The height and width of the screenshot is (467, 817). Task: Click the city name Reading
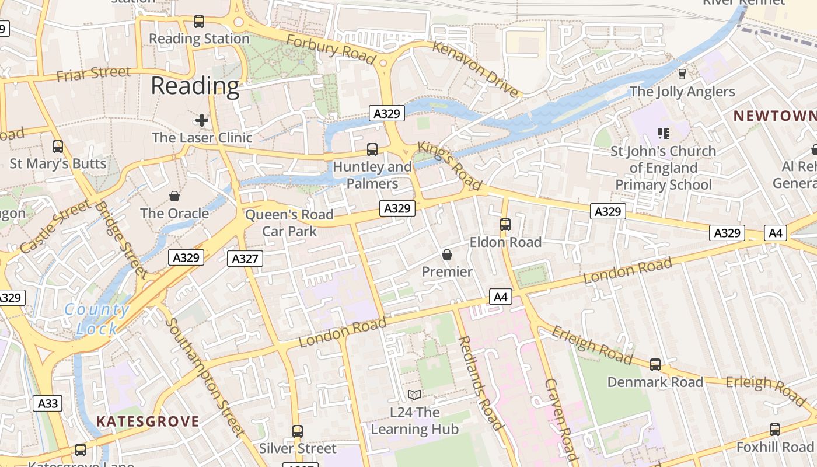[195, 86]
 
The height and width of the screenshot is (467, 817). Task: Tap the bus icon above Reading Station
[199, 22]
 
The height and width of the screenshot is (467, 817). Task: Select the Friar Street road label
[93, 74]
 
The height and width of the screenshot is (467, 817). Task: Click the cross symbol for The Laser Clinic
[202, 121]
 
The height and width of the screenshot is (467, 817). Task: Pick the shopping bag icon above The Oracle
[174, 196]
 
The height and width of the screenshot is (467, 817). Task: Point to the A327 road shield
[245, 259]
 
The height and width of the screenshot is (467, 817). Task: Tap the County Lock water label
[97, 319]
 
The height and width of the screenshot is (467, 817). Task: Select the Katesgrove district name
[148, 421]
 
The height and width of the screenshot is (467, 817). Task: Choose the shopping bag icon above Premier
[447, 255]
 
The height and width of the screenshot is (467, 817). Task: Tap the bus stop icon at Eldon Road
[505, 224]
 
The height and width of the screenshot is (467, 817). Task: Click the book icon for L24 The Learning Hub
[414, 395]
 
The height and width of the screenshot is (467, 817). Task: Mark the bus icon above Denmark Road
[655, 365]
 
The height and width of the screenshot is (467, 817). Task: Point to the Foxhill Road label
[774, 447]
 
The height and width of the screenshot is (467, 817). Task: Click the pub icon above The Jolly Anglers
[682, 74]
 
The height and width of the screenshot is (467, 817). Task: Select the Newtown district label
[774, 116]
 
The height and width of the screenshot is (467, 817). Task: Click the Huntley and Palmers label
[372, 175]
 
